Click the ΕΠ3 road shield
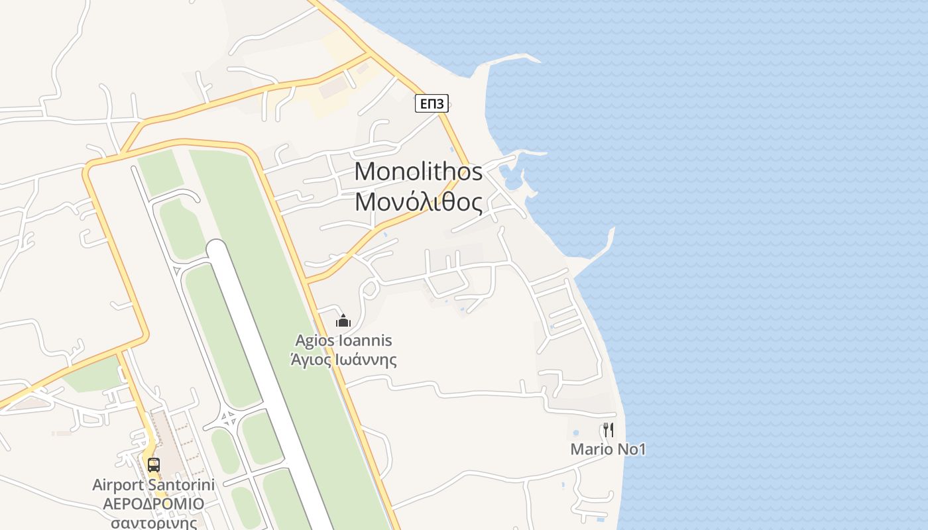[x=432, y=103]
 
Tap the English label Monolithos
[x=418, y=172]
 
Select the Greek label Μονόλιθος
[x=418, y=201]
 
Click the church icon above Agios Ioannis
[x=343, y=321]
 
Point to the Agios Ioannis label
[x=343, y=341]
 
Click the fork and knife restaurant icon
[x=608, y=429]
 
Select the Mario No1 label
[x=608, y=449]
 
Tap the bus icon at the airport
[x=153, y=464]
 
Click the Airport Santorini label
[x=153, y=485]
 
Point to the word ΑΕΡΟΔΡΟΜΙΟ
[x=153, y=503]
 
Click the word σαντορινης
[x=153, y=522]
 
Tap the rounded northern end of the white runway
[x=217, y=247]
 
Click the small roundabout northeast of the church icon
[x=370, y=289]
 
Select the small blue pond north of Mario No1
[x=575, y=433]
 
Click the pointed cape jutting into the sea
[x=610, y=232]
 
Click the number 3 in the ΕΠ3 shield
[x=439, y=103]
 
